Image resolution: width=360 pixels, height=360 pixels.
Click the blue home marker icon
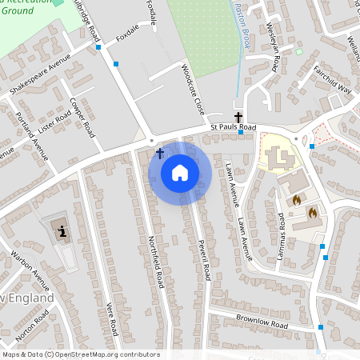[x=180, y=173]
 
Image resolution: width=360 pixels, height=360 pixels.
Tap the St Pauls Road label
[x=233, y=127]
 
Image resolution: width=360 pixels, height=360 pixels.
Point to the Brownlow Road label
[x=261, y=323]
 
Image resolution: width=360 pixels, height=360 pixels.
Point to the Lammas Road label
[x=281, y=226]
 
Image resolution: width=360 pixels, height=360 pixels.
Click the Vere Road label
[x=112, y=318]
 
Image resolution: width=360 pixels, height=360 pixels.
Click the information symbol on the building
[x=62, y=232]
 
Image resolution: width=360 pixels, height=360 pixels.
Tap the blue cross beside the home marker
[x=159, y=153]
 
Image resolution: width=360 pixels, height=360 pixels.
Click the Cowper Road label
[x=82, y=118]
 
